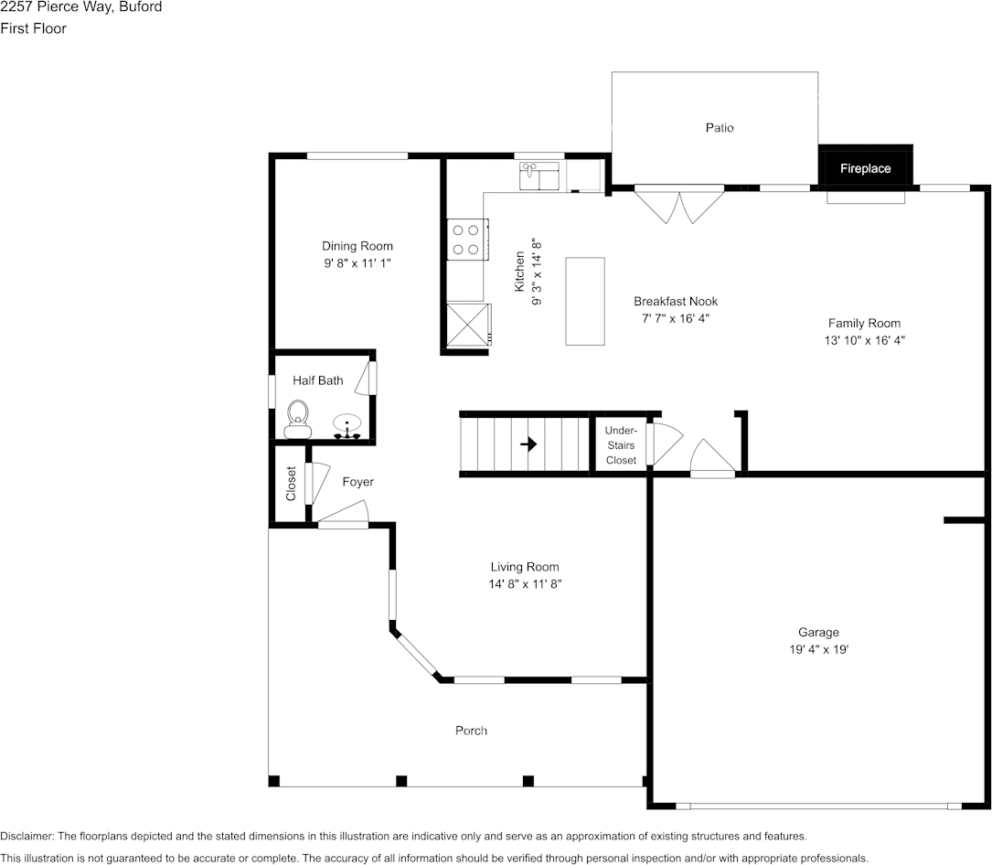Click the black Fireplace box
(865, 168)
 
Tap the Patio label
(720, 128)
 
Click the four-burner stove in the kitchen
(466, 240)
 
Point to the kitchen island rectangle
(585, 301)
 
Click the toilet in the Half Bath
(297, 420)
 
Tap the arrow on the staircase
(528, 444)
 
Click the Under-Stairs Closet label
(621, 445)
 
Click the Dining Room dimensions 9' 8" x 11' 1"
(357, 262)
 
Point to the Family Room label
(864, 323)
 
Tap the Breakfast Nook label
(676, 302)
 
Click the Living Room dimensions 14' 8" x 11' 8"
(525, 584)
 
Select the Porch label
(471, 731)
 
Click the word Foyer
(357, 482)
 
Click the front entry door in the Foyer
(343, 517)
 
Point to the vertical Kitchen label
(519, 272)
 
